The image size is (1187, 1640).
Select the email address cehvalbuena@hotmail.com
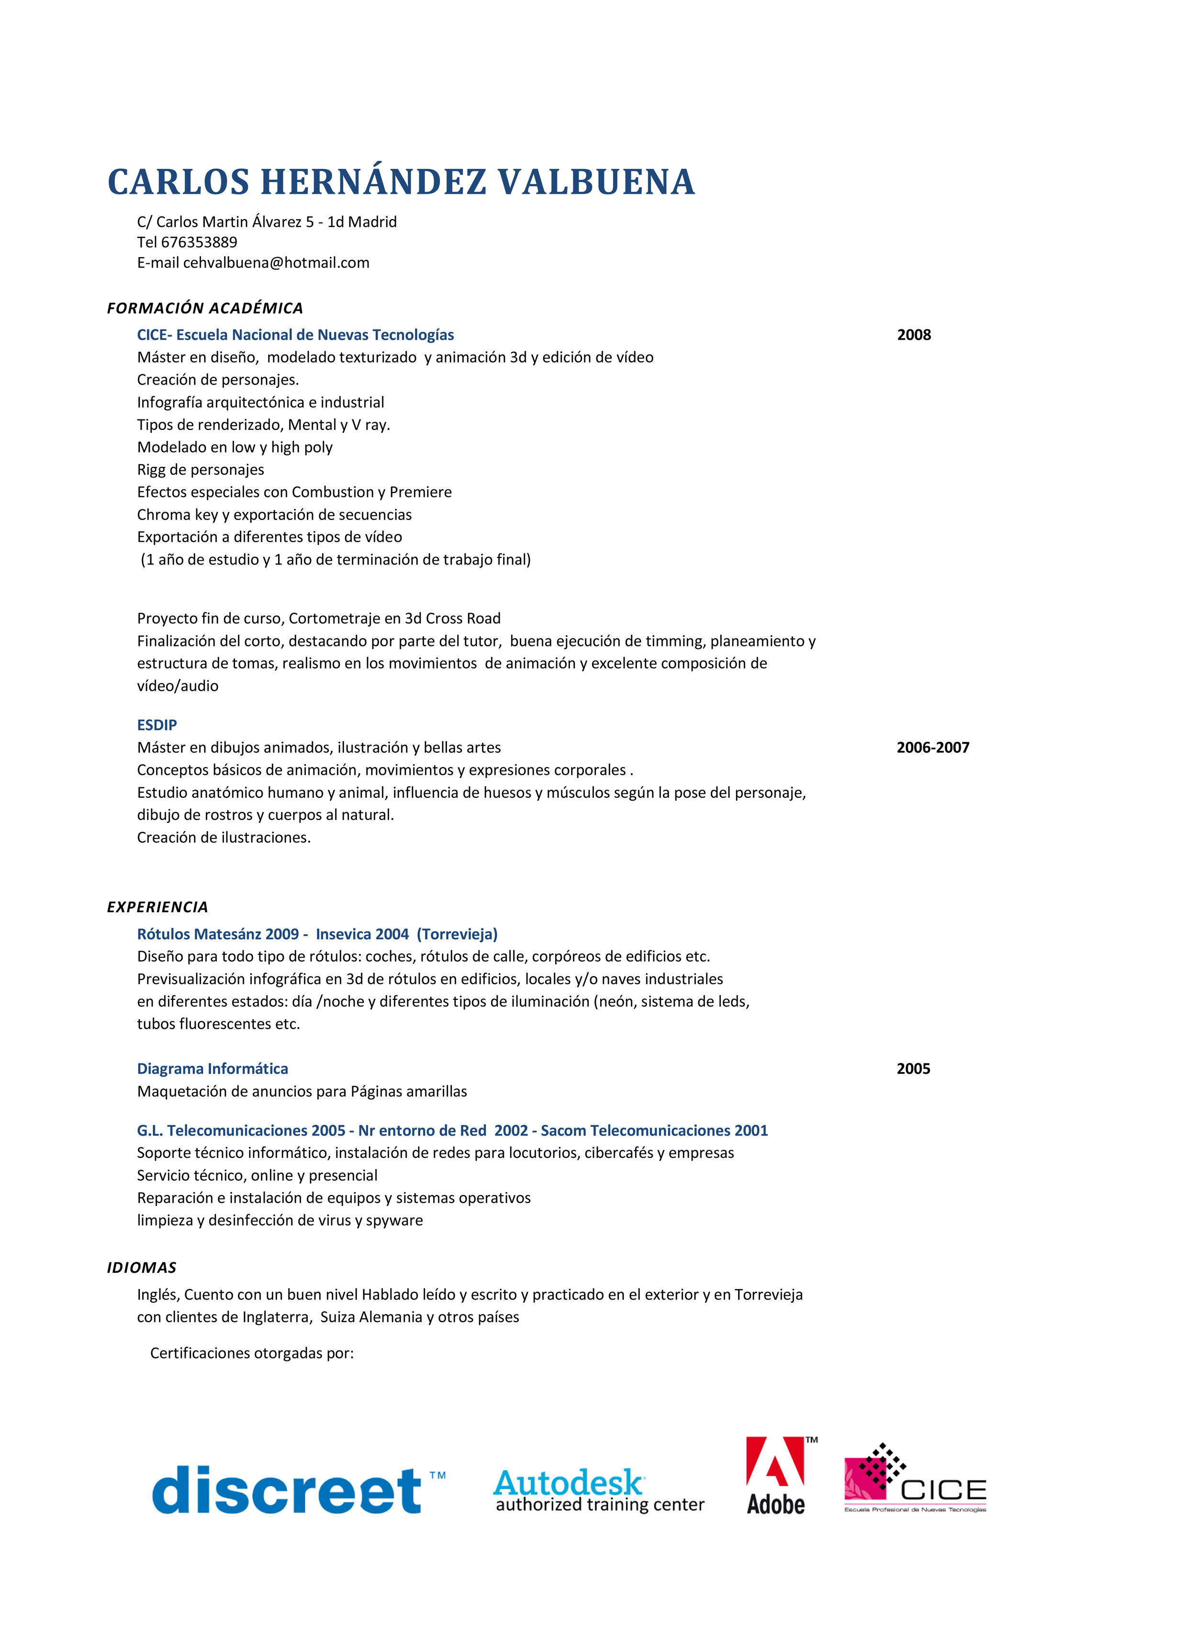276,262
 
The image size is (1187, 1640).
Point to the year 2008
914,335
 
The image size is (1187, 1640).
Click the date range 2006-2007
932,747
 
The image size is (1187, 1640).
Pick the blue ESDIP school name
157,724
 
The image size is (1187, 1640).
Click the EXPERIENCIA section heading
157,907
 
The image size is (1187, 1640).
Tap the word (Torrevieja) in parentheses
457,934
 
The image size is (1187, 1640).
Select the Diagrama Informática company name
213,1069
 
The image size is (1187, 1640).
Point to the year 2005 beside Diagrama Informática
913,1069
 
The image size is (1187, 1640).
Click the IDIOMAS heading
142,1267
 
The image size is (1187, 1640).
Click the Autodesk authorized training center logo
599,1492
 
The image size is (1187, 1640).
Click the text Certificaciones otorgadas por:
252,1353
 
